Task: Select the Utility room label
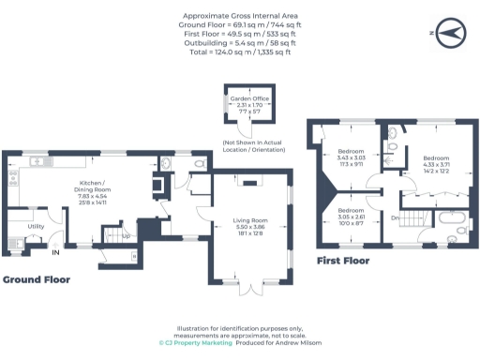(36, 226)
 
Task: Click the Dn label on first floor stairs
(397, 218)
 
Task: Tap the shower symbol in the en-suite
(391, 147)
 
